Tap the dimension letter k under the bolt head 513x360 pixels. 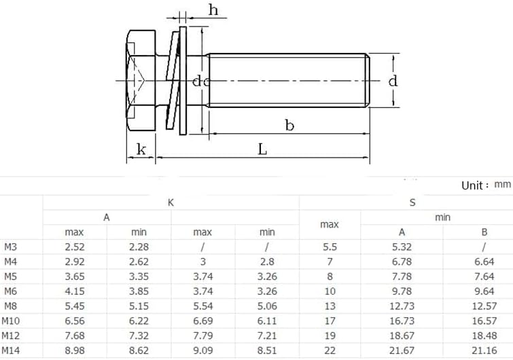pos(141,149)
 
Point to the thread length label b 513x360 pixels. pos(289,125)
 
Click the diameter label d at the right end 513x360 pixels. pos(392,81)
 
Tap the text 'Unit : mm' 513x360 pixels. pos(485,185)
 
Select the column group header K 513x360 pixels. pos(171,202)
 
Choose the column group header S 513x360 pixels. pos(412,202)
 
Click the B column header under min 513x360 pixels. pos(484,232)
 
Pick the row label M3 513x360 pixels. pos(11,248)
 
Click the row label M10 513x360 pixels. pos(11,321)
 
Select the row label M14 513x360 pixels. pos(11,350)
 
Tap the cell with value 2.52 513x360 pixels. pos(74,248)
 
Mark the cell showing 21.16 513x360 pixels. pos(484,350)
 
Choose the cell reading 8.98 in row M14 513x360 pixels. pos(74,350)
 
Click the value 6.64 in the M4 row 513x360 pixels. pos(484,262)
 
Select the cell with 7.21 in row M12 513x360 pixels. pos(267,336)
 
